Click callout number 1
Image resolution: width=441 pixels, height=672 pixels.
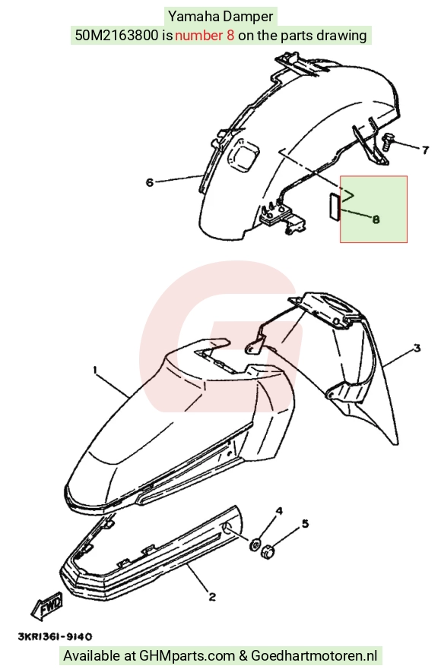[95, 370]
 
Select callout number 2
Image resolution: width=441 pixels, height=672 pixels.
[212, 597]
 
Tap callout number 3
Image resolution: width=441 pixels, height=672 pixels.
[417, 348]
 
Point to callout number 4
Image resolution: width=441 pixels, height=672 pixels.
[279, 511]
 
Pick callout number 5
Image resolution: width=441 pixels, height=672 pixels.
[305, 523]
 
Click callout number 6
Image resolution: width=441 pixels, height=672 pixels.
[149, 182]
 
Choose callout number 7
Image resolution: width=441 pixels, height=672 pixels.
[425, 150]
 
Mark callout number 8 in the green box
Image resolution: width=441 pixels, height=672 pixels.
[376, 219]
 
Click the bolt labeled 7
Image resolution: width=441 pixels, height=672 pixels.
[387, 141]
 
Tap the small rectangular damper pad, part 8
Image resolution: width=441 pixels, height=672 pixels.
[335, 207]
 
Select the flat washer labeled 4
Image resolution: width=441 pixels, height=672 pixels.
[255, 544]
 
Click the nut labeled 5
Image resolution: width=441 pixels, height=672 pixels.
[268, 551]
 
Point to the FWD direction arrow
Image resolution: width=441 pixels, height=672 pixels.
[46, 605]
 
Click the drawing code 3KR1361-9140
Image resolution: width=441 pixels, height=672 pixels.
[55, 636]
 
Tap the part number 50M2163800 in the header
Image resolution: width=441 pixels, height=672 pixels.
[116, 35]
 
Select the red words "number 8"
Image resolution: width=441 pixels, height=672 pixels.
[205, 35]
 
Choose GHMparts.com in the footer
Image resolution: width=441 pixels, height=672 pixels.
[187, 656]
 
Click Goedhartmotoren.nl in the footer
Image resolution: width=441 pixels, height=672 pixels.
[314, 656]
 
